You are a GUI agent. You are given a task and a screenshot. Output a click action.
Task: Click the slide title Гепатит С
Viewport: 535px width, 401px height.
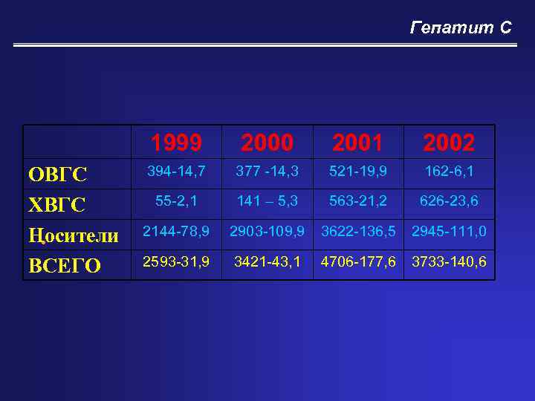pyautogui.click(x=461, y=28)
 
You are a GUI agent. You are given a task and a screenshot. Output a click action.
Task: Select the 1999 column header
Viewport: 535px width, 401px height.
pyautogui.click(x=176, y=142)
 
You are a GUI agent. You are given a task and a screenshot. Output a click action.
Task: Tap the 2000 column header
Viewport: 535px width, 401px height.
pyautogui.click(x=267, y=142)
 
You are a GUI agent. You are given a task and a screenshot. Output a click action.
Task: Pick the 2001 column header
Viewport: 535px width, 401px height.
pyautogui.click(x=358, y=142)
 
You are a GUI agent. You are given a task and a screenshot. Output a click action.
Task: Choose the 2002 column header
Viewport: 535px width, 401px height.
pyautogui.click(x=449, y=142)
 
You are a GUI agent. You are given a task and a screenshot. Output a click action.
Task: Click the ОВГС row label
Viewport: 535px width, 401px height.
pyautogui.click(x=58, y=175)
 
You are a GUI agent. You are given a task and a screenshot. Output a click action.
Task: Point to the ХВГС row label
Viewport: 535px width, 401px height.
pyautogui.click(x=56, y=204)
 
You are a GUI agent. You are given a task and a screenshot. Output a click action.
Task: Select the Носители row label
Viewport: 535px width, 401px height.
pyautogui.click(x=73, y=235)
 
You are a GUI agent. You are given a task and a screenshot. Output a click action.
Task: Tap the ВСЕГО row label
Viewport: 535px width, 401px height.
pyautogui.click(x=64, y=265)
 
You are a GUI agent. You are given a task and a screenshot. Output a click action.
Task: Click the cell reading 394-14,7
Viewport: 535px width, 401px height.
pyautogui.click(x=176, y=172)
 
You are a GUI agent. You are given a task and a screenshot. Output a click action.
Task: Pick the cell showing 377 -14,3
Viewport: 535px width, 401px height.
pyautogui.click(x=267, y=172)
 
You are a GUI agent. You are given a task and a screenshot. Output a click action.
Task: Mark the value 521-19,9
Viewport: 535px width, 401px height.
pyautogui.click(x=358, y=172)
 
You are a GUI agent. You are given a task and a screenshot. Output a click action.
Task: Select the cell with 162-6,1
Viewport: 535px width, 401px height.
pyautogui.click(x=449, y=172)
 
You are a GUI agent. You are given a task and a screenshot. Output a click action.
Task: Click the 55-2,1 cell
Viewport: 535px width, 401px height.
pyautogui.click(x=176, y=201)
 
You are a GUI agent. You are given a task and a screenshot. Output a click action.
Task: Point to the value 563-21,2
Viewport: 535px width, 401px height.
pyautogui.click(x=358, y=201)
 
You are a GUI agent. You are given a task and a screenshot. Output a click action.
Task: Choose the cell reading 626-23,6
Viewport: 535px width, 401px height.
pyautogui.click(x=449, y=201)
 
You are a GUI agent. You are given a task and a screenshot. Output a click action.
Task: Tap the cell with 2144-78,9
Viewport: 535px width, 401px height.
pyautogui.click(x=176, y=232)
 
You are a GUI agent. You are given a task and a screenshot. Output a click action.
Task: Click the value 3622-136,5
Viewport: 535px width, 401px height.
pyautogui.click(x=358, y=232)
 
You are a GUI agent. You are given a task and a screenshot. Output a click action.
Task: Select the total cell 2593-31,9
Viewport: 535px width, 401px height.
pyautogui.click(x=176, y=261)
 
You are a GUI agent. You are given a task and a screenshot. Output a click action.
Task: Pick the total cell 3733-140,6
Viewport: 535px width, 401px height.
pyautogui.click(x=449, y=261)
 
